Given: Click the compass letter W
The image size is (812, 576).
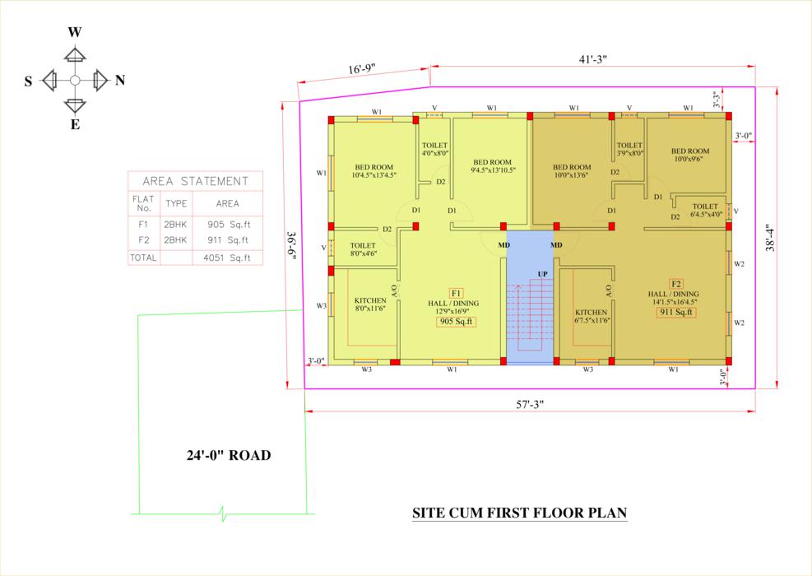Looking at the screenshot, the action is (x=75, y=33).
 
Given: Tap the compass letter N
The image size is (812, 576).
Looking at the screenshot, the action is (x=120, y=81).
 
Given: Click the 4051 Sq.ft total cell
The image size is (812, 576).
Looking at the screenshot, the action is (x=227, y=258).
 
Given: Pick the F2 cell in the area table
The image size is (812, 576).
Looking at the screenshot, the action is (x=143, y=239).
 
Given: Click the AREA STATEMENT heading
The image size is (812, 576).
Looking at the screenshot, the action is (x=195, y=181).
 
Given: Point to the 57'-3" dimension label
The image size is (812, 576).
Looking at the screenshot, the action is (x=530, y=404).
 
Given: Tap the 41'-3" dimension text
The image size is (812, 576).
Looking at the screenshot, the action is (x=592, y=59).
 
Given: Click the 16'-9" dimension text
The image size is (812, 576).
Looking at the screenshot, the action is (x=361, y=69).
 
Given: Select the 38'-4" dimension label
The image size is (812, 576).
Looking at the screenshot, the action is (x=771, y=238).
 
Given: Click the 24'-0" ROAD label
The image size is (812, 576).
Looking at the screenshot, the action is (x=229, y=455).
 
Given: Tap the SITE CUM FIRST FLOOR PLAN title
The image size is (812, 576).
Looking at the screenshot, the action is (x=519, y=513).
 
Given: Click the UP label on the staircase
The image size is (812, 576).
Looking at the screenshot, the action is (x=542, y=274).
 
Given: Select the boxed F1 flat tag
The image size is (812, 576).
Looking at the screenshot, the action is (x=457, y=293).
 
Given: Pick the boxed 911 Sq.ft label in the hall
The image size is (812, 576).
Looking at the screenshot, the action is (x=675, y=313).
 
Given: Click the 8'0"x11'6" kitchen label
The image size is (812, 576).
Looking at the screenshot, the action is (x=369, y=309).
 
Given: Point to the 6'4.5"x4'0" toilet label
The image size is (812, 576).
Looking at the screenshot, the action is (x=706, y=214).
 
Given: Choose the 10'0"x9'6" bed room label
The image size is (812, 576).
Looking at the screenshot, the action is (x=690, y=159).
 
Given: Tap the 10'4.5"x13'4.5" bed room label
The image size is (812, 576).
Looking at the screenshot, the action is (x=374, y=175).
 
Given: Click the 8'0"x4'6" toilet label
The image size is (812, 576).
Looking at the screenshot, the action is (x=363, y=253).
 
